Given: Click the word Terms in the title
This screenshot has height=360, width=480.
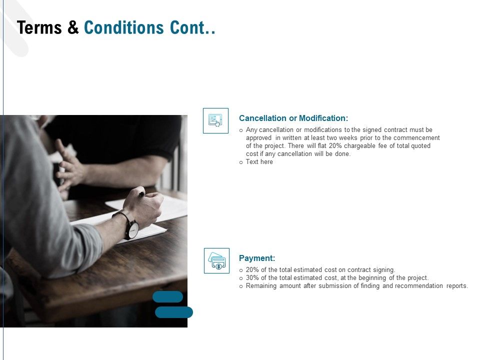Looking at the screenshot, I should [40, 27].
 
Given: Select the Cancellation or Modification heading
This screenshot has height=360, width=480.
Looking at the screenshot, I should [293, 118].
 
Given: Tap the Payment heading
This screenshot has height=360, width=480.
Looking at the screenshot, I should [257, 258].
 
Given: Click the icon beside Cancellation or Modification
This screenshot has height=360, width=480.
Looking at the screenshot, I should [215, 120].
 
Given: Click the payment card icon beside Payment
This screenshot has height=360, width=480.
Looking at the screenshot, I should [216, 260].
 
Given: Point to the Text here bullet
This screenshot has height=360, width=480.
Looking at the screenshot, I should [259, 162].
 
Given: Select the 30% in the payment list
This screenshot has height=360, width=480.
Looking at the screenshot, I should [252, 278].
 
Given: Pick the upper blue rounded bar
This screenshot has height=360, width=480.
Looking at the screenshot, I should [167, 296].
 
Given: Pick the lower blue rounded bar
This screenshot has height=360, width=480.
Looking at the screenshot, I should [173, 312].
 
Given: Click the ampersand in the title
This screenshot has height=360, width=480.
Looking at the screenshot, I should [73, 27].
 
